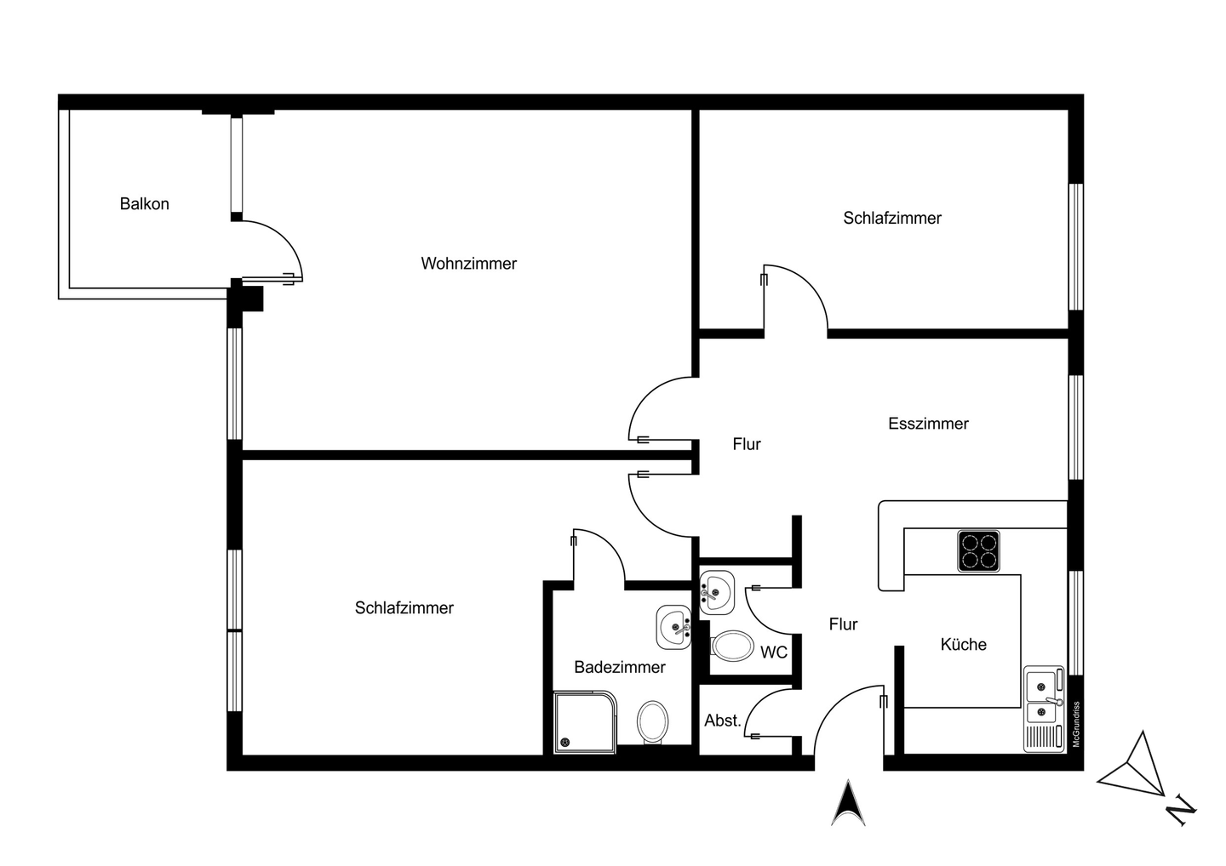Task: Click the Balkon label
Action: pos(144,204)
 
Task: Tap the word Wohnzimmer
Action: pos(468,264)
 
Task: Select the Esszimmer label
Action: pos(928,424)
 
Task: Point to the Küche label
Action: pos(963,645)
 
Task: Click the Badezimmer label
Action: pos(619,668)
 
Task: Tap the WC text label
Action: pos(773,652)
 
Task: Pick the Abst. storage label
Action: pos(722,721)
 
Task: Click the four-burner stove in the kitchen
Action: pos(978,550)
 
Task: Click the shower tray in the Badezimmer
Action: pos(584,722)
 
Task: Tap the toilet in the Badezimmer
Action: pos(652,721)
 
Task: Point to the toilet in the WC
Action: pos(732,646)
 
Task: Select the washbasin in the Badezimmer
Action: pos(674,628)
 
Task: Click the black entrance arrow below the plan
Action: pos(848,803)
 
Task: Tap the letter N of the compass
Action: pos(1180,810)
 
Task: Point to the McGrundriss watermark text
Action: pos(1076,725)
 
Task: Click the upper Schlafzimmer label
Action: pos(891,219)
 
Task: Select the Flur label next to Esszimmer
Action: pos(747,444)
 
